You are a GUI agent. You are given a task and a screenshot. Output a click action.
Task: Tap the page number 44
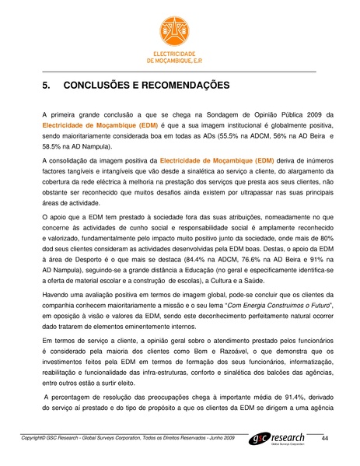325,440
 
